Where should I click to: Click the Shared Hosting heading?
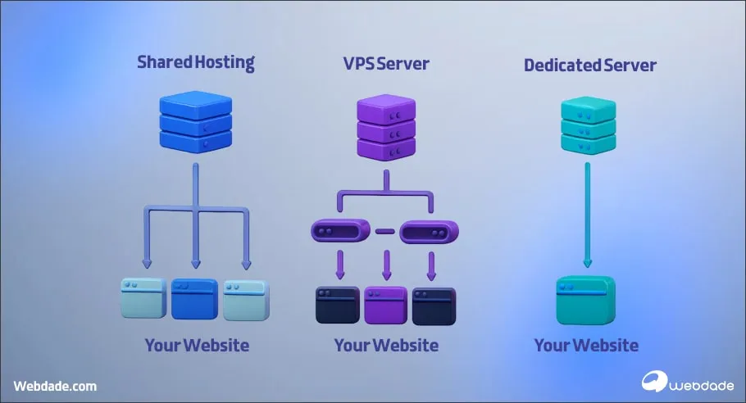point(196,62)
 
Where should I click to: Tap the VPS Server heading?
point(385,62)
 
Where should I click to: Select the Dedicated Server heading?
point(590,63)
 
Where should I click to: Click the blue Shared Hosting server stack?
point(195,123)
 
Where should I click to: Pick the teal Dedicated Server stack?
point(587,126)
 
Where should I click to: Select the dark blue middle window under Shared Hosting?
point(194,298)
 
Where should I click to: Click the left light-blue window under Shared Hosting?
point(144,298)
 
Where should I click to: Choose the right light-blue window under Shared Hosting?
point(246,298)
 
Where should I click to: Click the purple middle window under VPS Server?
point(385,305)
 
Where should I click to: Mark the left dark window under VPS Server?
point(338,305)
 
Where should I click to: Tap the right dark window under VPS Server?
point(434,305)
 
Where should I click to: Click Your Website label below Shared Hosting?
point(197,345)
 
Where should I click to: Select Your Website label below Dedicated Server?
point(586,345)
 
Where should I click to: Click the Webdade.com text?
point(55,385)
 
